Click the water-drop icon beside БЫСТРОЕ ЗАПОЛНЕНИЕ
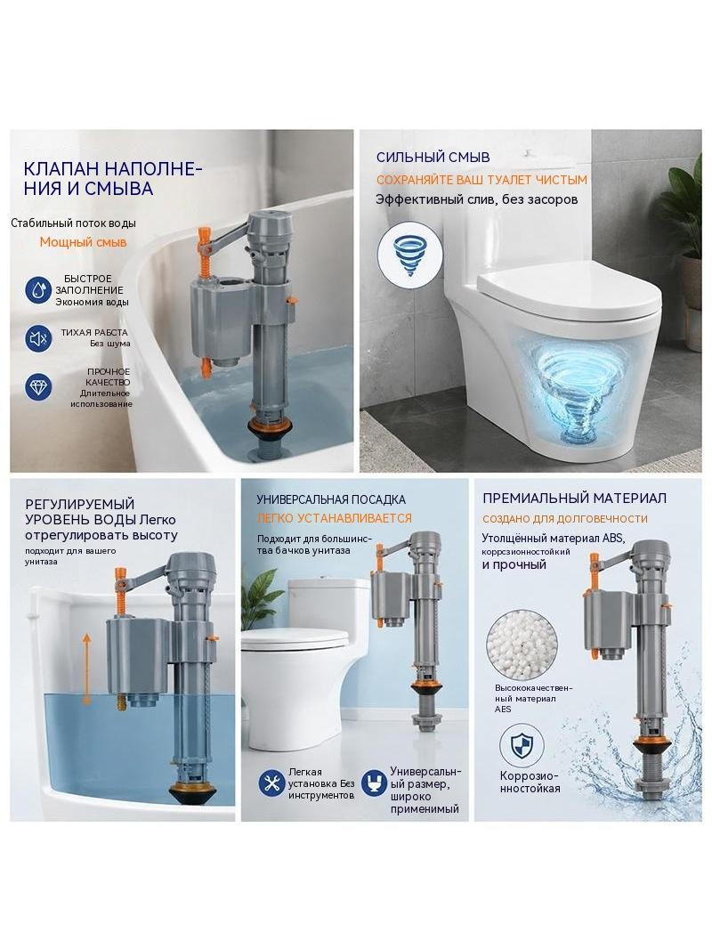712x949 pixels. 38,290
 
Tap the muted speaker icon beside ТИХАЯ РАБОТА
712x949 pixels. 38,338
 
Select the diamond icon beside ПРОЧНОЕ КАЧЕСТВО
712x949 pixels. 38,386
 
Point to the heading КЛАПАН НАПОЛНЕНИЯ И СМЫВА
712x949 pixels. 113,178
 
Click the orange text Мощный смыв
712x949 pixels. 84,242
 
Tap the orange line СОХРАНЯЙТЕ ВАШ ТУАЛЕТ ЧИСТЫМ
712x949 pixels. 481,180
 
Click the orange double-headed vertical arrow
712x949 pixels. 86,670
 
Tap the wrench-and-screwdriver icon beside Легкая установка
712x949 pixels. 271,783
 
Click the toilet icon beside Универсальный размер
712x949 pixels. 375,783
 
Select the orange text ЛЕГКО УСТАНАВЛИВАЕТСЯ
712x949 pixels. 334,519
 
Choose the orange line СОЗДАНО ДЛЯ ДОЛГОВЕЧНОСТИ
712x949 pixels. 565,519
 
